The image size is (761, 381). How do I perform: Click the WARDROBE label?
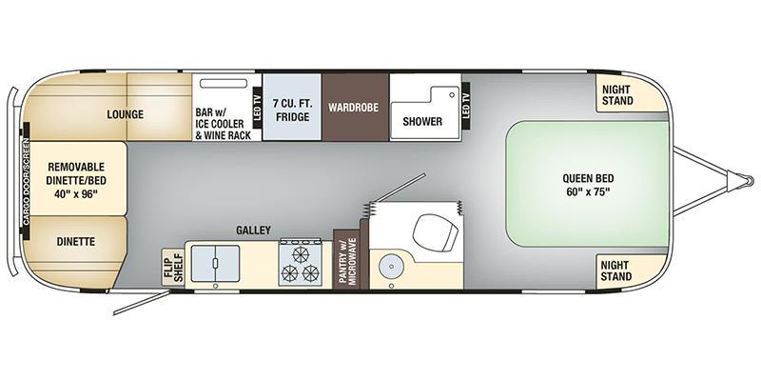(353, 108)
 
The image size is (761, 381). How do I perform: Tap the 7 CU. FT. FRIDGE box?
(292, 108)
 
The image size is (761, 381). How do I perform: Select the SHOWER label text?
(422, 121)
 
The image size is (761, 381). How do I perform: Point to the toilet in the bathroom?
(436, 231)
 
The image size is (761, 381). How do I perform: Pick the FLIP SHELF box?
(173, 268)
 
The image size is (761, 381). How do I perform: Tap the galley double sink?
(215, 264)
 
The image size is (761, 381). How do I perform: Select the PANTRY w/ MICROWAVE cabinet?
(347, 259)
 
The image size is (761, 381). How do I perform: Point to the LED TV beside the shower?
(466, 106)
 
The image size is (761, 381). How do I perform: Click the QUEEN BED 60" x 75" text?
(588, 185)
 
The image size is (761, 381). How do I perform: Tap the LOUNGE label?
(126, 114)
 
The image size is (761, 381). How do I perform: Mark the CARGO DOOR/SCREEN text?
(26, 182)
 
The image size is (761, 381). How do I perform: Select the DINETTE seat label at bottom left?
(76, 242)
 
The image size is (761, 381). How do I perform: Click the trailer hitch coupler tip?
(750, 181)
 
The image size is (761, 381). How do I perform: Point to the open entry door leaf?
(142, 302)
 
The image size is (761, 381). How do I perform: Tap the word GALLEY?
(253, 231)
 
